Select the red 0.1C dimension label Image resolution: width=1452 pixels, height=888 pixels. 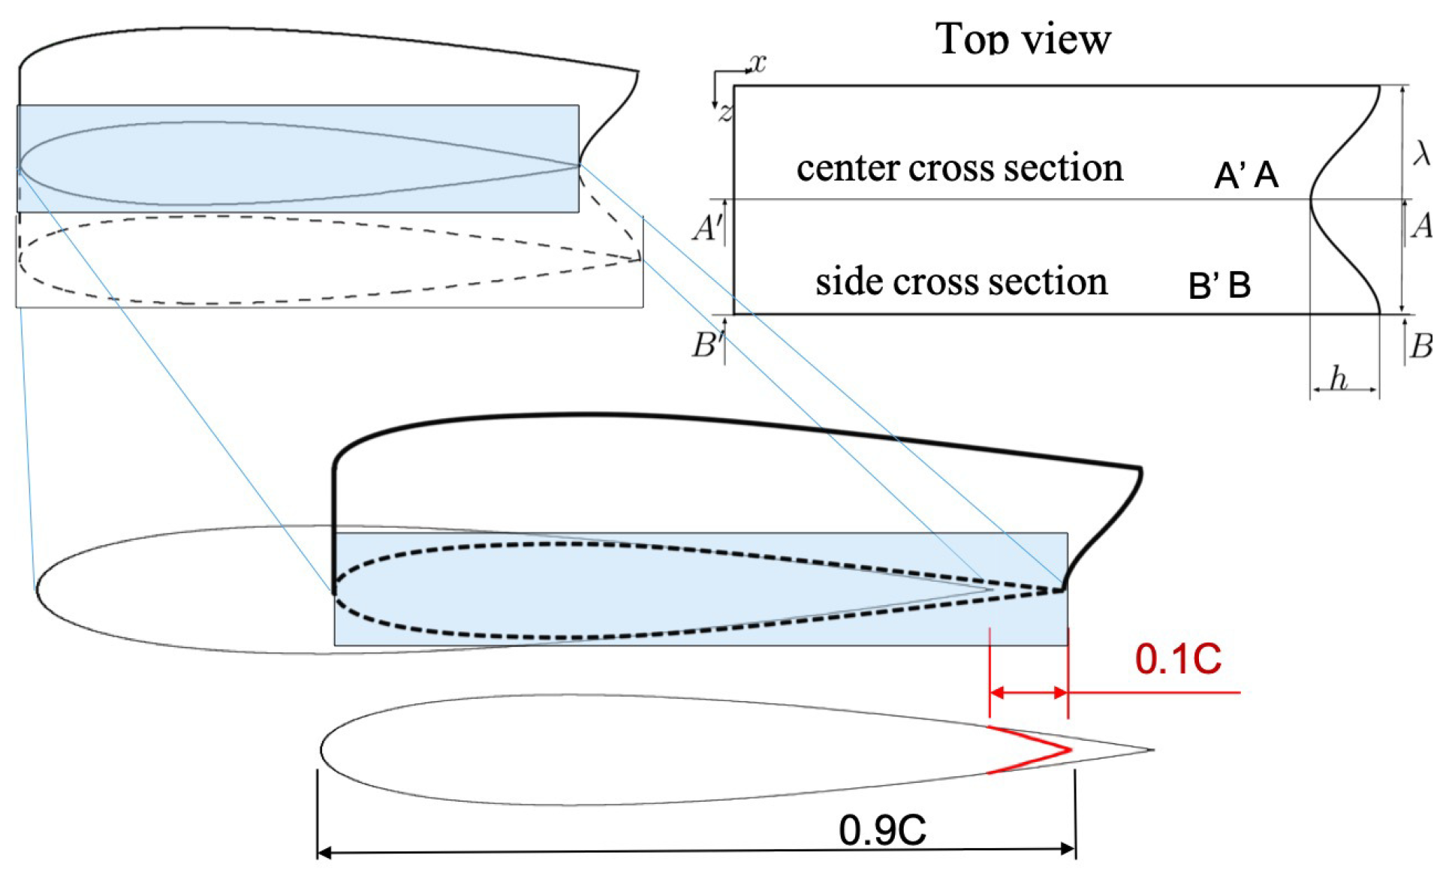click(x=1177, y=659)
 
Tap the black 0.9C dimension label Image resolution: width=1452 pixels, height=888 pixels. click(x=882, y=830)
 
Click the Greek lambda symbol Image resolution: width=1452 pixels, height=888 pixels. click(x=1421, y=153)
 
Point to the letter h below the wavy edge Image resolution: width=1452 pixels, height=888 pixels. click(x=1338, y=378)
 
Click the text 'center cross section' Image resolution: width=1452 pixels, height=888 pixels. click(x=959, y=167)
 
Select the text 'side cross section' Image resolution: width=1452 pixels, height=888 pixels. click(x=961, y=281)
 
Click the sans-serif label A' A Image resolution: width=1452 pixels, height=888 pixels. click(x=1246, y=176)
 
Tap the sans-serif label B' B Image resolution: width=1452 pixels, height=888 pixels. click(x=1219, y=285)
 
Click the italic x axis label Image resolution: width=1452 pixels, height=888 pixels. click(x=758, y=63)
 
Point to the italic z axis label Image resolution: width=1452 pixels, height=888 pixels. click(x=724, y=113)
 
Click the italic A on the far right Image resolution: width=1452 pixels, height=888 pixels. click(x=1421, y=225)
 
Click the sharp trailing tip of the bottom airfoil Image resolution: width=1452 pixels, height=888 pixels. click(x=1151, y=749)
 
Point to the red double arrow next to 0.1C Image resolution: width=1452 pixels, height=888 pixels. click(x=1029, y=692)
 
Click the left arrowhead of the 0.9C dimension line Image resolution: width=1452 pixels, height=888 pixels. click(x=324, y=852)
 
